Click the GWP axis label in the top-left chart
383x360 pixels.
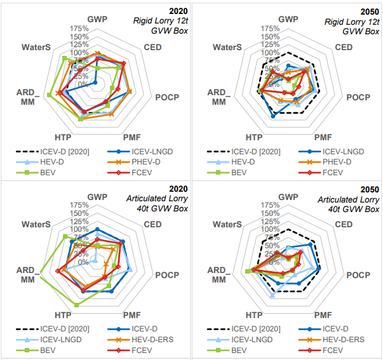point(97,19)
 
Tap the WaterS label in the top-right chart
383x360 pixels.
point(227,47)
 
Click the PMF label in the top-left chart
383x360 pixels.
point(131,137)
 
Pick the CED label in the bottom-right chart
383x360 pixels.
point(344,224)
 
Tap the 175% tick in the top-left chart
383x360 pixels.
point(79,29)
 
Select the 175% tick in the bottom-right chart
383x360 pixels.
point(271,205)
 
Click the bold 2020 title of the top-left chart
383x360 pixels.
point(179,11)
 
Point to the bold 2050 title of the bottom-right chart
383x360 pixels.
point(370,189)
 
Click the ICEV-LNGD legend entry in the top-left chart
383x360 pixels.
point(149,152)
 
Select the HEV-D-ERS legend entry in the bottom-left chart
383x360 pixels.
point(150,339)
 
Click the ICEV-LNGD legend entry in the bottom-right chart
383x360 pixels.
point(254,339)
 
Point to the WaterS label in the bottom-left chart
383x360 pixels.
point(36,224)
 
